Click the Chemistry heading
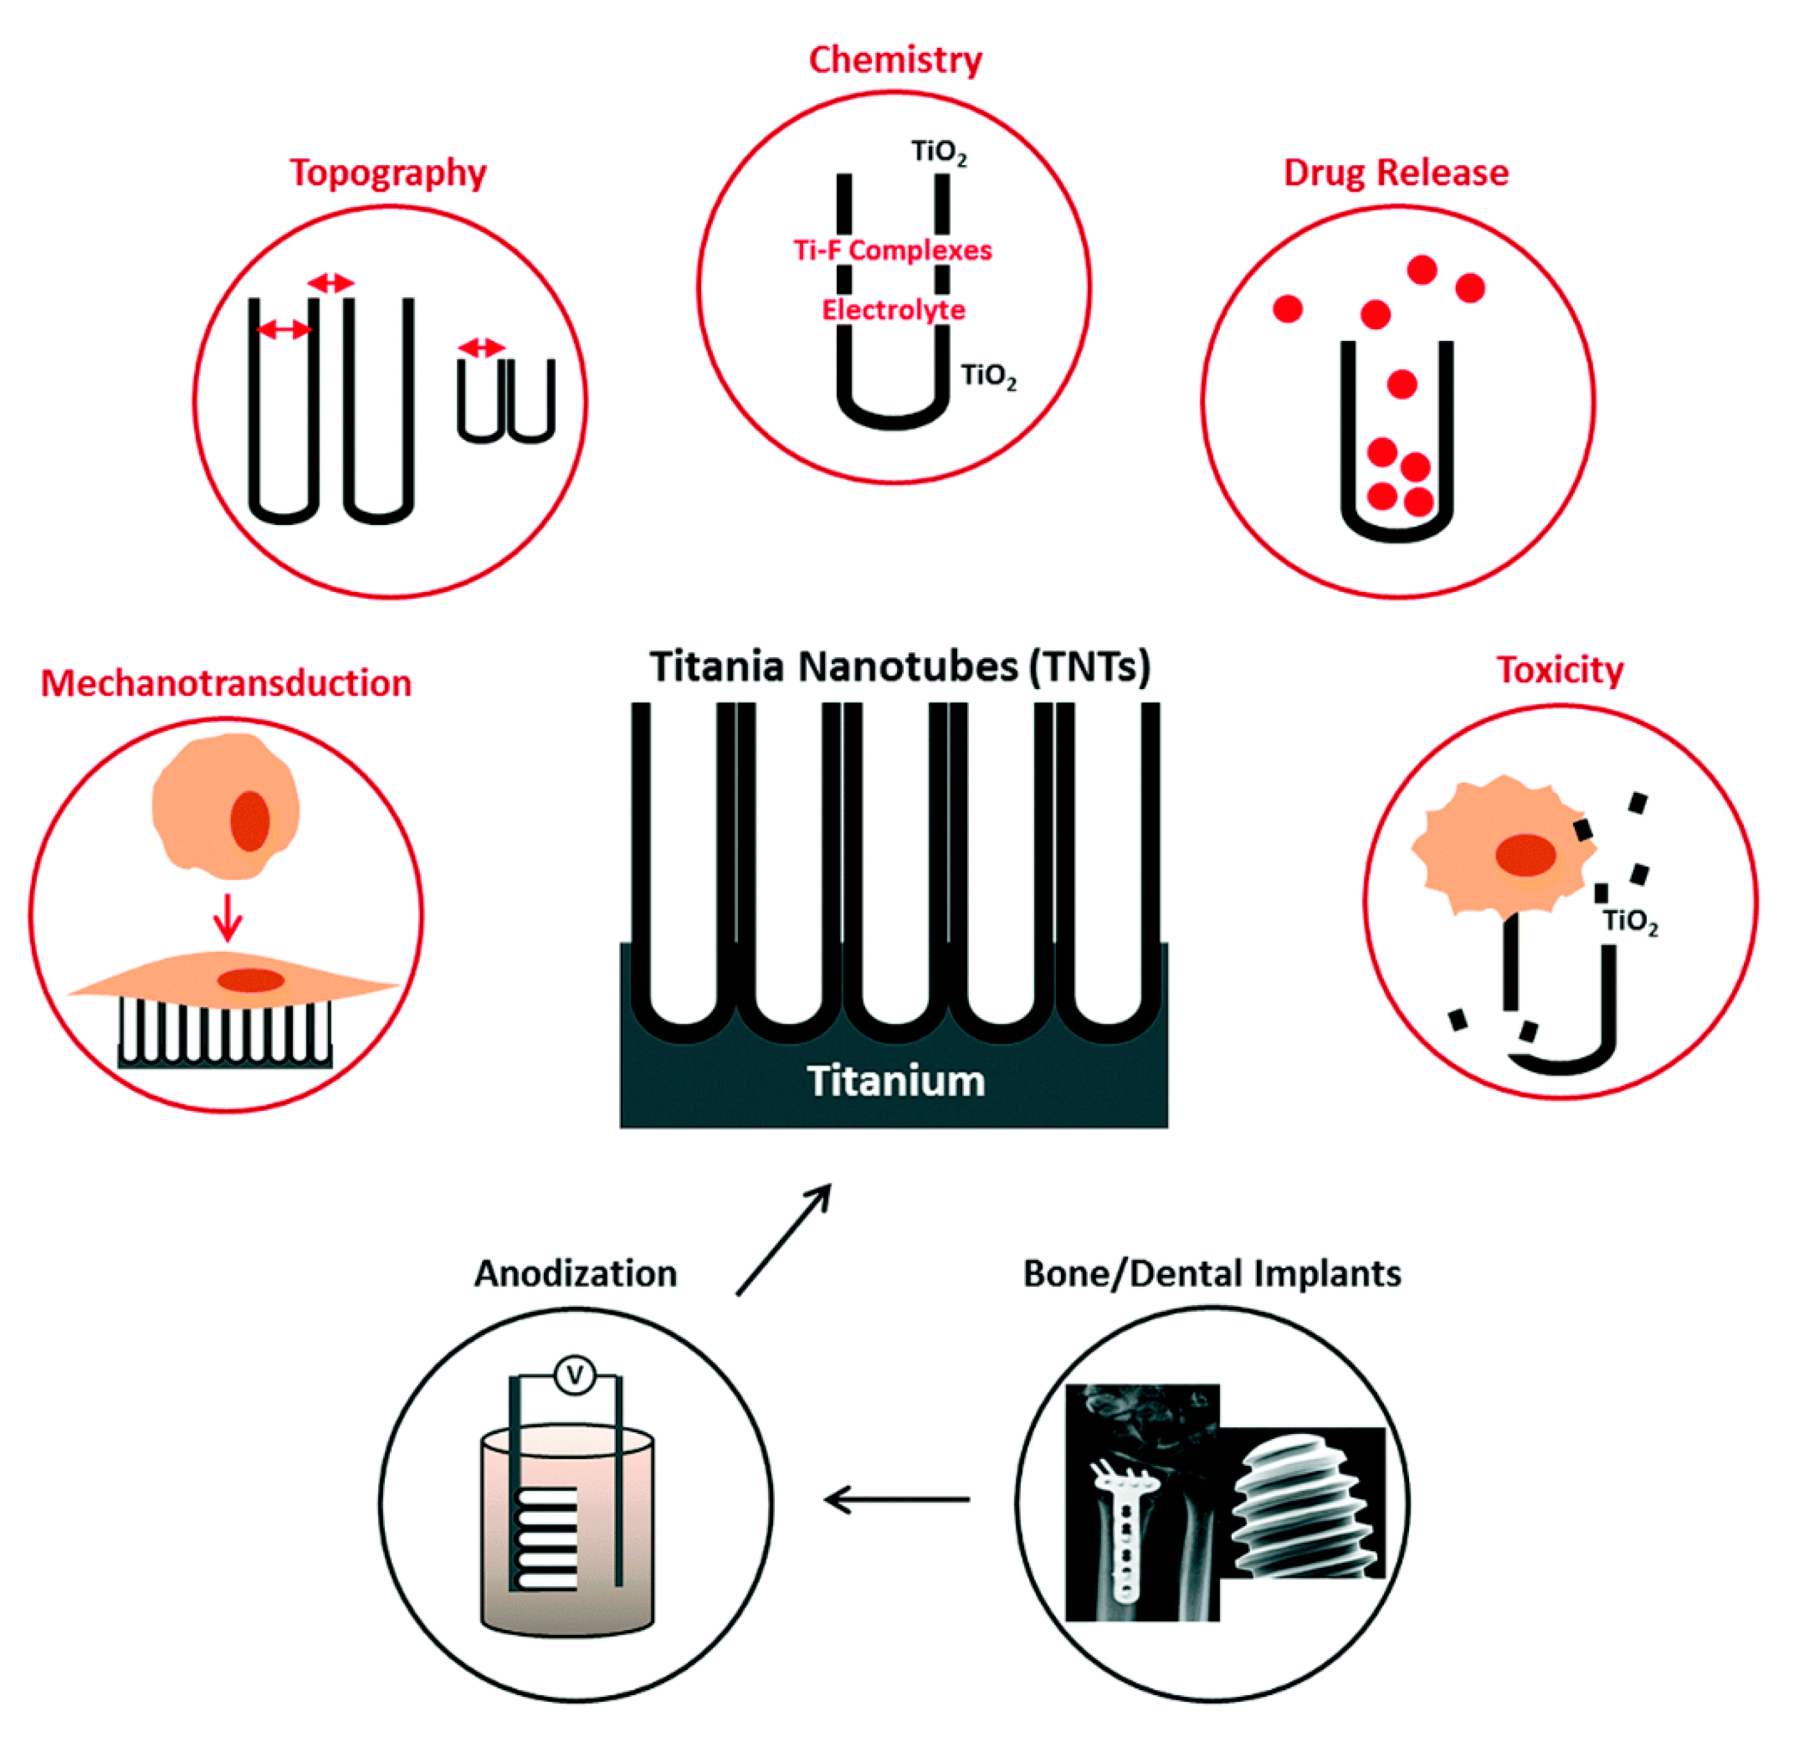[x=895, y=61]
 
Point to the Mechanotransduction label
[x=226, y=684]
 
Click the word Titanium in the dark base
[x=896, y=1082]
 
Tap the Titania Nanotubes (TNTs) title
[x=900, y=666]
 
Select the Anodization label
[x=575, y=1274]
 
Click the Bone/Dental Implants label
[x=1211, y=1274]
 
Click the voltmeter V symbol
[x=575, y=1375]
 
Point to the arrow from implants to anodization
[x=897, y=1500]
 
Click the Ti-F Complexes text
[x=892, y=251]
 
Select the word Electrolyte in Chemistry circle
[x=893, y=310]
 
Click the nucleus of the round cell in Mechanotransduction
[x=250, y=820]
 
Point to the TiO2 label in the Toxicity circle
[x=1630, y=922]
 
